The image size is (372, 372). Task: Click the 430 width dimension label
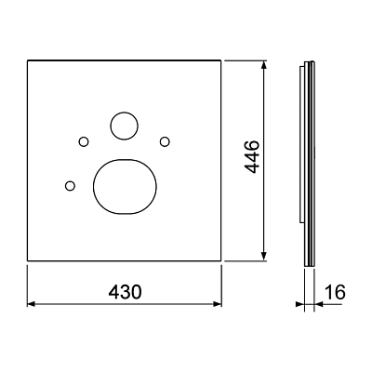tap(125, 292)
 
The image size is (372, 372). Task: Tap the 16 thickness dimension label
tap(335, 292)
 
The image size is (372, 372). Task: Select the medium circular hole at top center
tap(124, 126)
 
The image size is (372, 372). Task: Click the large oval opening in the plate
tap(125, 187)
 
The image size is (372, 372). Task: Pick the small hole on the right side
tap(165, 141)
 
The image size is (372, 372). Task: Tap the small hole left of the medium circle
tap(84, 142)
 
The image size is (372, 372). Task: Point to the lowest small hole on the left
tap(70, 186)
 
